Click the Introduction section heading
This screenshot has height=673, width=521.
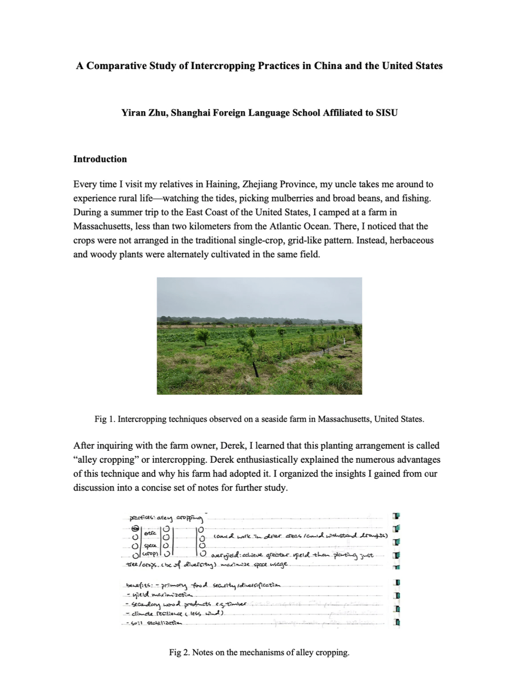tap(100, 159)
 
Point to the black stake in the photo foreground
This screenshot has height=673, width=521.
tap(255, 369)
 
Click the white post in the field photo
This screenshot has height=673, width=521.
tap(344, 342)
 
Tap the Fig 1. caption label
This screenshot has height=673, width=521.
tap(104, 419)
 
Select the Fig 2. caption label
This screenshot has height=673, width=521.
tap(179, 652)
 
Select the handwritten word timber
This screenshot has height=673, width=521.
tap(235, 604)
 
